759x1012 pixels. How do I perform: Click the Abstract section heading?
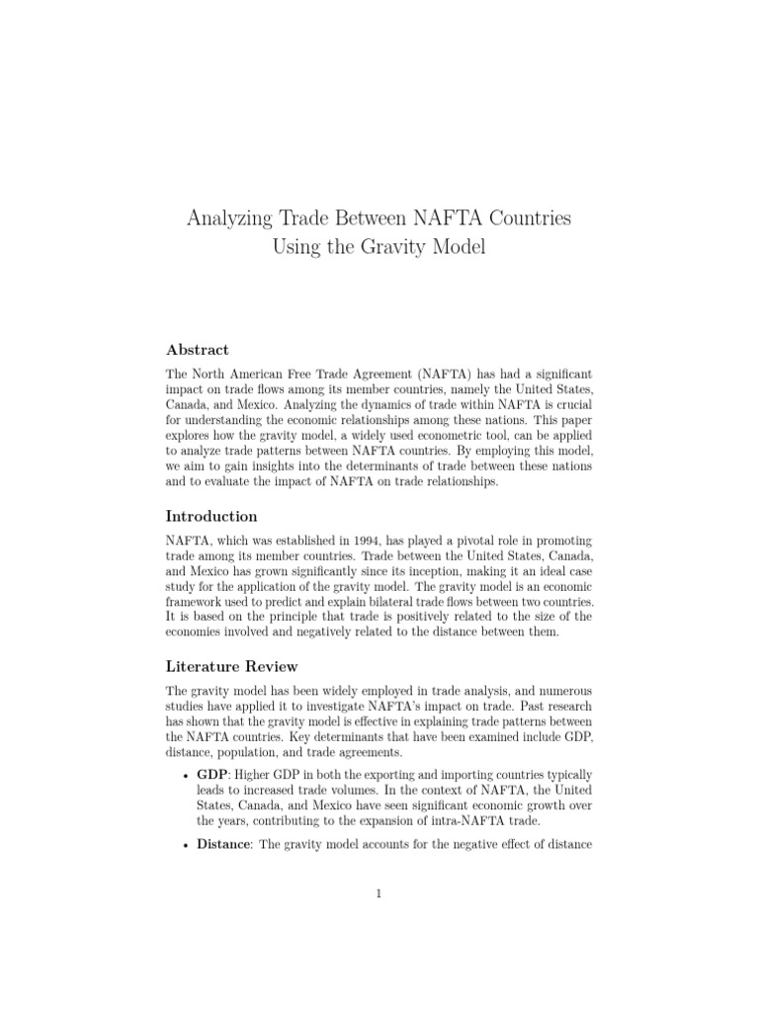pyautogui.click(x=197, y=350)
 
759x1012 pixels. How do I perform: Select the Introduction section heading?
pyautogui.click(x=211, y=516)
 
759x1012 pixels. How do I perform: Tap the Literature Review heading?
pyautogui.click(x=231, y=667)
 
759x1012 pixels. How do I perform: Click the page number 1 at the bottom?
pyautogui.click(x=379, y=894)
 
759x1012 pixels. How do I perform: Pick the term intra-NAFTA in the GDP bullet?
pyautogui.click(x=463, y=819)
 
